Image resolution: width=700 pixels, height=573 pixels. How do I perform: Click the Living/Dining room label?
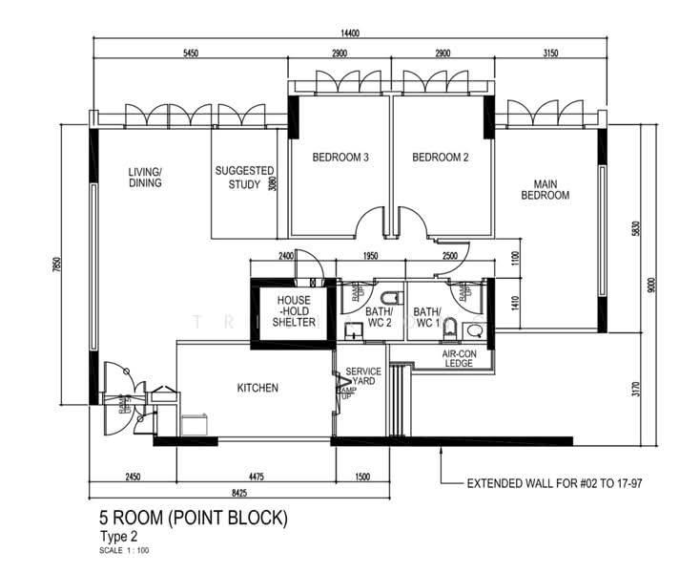click(x=145, y=178)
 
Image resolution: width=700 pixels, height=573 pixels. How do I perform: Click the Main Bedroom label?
click(x=545, y=189)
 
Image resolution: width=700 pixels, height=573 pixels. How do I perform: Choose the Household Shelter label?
click(x=296, y=311)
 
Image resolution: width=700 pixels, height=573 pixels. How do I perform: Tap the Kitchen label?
click(x=257, y=388)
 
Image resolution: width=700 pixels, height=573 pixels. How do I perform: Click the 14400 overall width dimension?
click(x=350, y=32)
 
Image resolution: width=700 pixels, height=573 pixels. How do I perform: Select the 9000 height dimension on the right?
click(x=651, y=284)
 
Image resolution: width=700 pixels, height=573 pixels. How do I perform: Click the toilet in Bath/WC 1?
click(x=474, y=331)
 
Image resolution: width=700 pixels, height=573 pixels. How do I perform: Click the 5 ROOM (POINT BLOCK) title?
click(x=193, y=519)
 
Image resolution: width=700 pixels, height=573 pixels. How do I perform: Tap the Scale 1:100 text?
click(x=124, y=551)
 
